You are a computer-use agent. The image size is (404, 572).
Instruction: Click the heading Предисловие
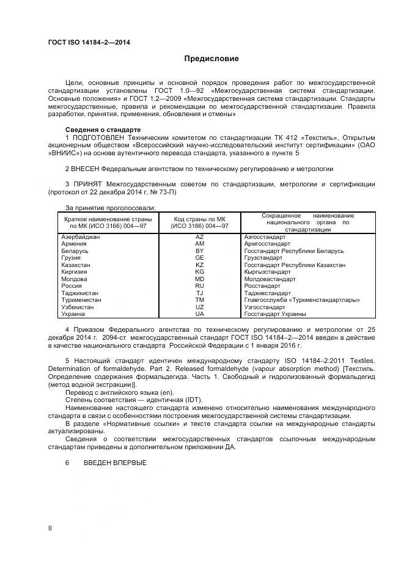point(211,59)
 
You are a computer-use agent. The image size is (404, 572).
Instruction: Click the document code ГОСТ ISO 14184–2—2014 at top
point(89,42)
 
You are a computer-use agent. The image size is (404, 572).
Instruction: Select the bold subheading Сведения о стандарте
point(103,130)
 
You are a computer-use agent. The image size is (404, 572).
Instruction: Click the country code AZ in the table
point(199,237)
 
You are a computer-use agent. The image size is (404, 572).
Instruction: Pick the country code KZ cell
point(199,265)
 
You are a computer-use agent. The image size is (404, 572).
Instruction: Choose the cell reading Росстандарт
point(262,286)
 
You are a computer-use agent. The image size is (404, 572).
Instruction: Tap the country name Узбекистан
point(78,307)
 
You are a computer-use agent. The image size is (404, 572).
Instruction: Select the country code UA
point(199,314)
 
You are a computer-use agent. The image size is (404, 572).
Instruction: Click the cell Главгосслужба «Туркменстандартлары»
point(301,300)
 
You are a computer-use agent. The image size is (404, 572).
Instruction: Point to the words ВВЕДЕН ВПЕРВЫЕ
point(115,463)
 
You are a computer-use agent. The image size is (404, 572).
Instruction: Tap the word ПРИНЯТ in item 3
point(88,183)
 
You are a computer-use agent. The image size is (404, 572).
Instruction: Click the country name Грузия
point(72,258)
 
